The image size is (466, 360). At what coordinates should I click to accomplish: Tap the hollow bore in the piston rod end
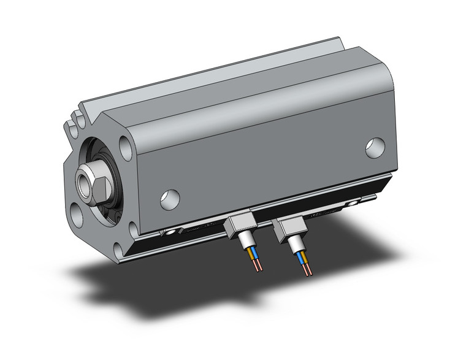pyautogui.click(x=83, y=182)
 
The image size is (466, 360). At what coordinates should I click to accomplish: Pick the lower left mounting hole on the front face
pyautogui.click(x=77, y=215)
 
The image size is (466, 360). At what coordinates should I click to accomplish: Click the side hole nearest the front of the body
pyautogui.click(x=170, y=197)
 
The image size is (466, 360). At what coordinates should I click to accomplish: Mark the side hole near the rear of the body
pyautogui.click(x=375, y=147)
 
